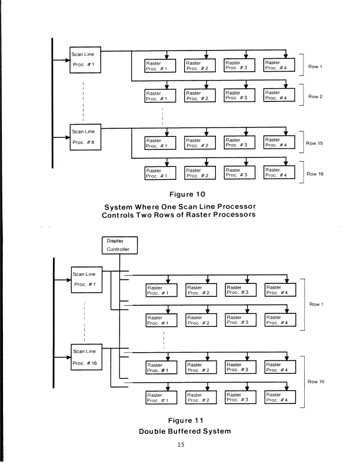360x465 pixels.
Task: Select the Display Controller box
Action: pyautogui.click(x=121, y=245)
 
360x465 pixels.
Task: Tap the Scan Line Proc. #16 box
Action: pyautogui.click(x=86, y=357)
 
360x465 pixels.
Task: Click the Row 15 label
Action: pyautogui.click(x=316, y=143)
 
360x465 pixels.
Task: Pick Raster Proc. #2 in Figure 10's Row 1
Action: pyautogui.click(x=200, y=65)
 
